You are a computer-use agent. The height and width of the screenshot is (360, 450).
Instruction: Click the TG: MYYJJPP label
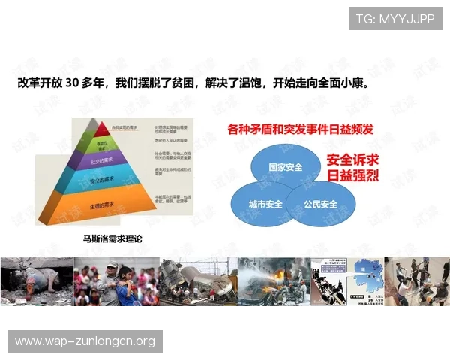[396, 18]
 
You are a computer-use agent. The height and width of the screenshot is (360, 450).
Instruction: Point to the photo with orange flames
[274, 281]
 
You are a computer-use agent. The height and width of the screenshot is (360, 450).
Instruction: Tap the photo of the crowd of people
[117, 281]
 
